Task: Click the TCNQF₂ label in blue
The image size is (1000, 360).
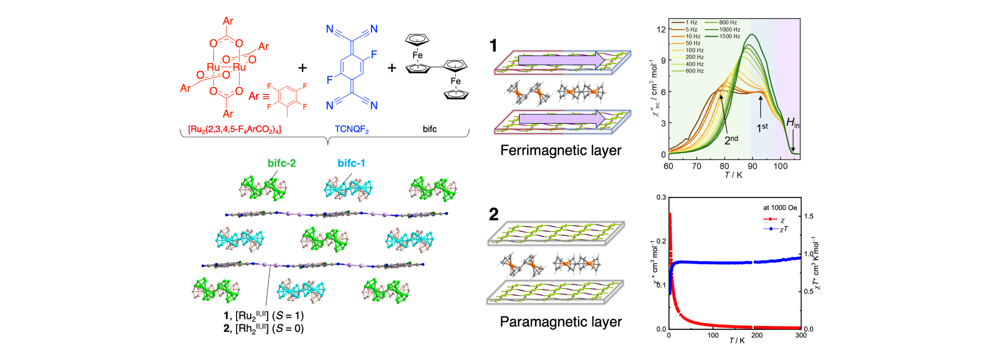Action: (352, 129)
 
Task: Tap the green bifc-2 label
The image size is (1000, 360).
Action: (282, 163)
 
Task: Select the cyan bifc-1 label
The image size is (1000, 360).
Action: (351, 163)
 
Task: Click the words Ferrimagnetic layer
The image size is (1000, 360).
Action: (561, 151)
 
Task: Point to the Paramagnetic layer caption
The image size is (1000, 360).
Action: (561, 322)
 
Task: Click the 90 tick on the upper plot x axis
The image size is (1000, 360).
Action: (753, 166)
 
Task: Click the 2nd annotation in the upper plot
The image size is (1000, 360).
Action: (731, 140)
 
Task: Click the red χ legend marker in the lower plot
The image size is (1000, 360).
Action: (770, 219)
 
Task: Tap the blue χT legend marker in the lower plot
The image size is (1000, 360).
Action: (770, 229)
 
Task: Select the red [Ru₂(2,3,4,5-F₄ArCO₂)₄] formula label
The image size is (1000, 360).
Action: (234, 129)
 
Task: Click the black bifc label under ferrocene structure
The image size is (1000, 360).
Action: (430, 129)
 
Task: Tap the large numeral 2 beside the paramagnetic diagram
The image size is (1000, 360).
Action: (493, 214)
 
